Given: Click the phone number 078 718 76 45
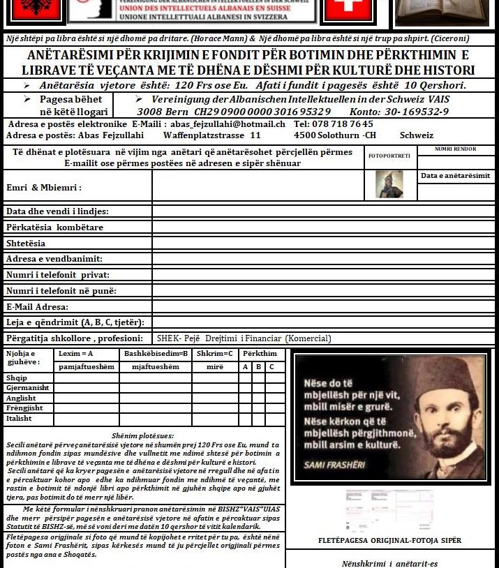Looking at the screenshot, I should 343,124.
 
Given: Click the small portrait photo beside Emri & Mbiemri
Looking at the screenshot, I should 389,184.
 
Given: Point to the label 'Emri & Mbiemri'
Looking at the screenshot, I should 44,187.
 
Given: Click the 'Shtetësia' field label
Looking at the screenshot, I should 26,244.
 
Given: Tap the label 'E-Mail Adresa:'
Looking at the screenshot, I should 37,307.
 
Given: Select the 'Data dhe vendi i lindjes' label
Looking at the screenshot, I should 57,211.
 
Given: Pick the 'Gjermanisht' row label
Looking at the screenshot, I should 27,387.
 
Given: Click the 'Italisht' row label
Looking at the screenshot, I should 19,418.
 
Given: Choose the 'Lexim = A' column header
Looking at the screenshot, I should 76,354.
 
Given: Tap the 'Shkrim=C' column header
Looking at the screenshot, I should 214,354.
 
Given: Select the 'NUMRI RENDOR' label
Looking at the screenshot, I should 455,149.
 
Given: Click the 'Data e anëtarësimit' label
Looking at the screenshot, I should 455,176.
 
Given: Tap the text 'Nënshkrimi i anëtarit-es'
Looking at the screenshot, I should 390,563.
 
